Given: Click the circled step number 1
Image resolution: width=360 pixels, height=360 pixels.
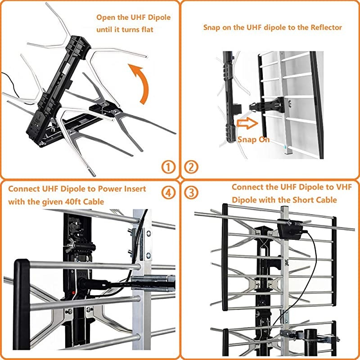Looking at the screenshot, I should [168, 167].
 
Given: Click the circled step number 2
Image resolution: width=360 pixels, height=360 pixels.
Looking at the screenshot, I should [192, 167].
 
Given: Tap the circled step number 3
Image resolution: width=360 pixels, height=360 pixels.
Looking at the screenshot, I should [192, 193].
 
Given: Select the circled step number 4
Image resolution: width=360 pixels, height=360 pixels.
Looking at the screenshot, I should [168, 193].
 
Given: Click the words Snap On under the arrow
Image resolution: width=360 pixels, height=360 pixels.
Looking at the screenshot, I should [253, 139].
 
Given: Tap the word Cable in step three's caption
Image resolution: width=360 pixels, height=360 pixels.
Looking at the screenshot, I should [324, 199].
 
